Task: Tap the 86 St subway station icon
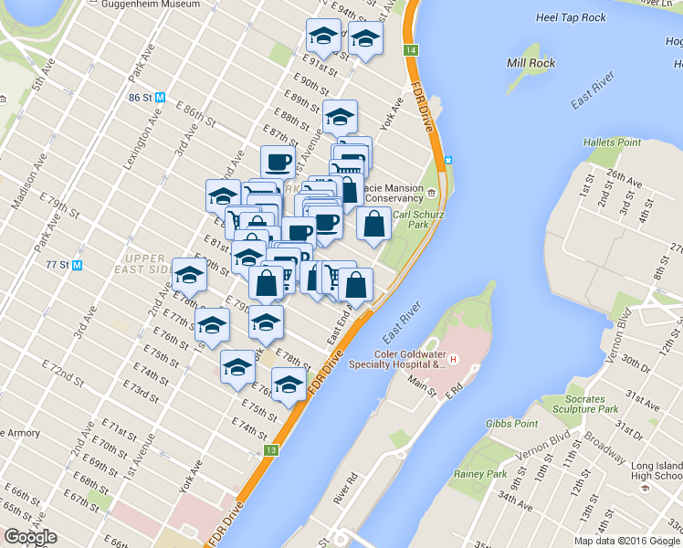pos(161,97)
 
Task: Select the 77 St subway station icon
pos(77,266)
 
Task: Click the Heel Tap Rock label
pos(571,17)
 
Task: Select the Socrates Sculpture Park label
pos(584,405)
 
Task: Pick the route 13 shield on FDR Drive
pos(271,450)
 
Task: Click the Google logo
pos(31,537)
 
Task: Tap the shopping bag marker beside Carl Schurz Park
pos(374,224)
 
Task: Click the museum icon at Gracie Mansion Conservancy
pos(430,192)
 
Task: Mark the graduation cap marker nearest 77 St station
pos(189,273)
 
